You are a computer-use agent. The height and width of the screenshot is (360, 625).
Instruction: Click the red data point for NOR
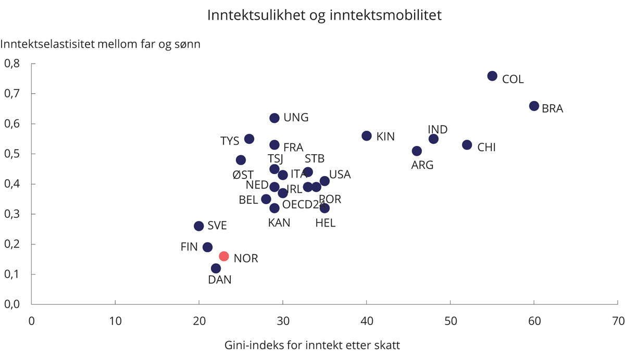click(224, 256)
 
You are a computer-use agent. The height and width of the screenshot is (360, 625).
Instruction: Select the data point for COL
click(492, 76)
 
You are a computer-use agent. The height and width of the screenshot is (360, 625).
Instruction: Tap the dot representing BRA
click(534, 106)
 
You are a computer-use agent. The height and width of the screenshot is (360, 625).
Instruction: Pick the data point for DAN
click(216, 268)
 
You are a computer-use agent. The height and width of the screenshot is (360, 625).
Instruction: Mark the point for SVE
click(199, 226)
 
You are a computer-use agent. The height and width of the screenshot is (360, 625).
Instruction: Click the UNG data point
click(274, 118)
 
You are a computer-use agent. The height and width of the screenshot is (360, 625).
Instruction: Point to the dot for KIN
click(367, 136)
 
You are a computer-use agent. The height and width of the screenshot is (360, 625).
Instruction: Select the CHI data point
click(467, 145)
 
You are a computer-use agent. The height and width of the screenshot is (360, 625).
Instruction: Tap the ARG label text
click(422, 165)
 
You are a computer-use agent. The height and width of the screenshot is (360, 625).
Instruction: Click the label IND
click(438, 129)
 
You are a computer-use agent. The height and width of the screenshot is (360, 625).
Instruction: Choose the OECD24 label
click(304, 205)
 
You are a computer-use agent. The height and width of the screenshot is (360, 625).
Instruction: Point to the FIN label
click(189, 247)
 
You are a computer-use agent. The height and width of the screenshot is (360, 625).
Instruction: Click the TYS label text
click(230, 141)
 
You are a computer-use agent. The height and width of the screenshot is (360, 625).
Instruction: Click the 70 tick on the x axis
click(618, 320)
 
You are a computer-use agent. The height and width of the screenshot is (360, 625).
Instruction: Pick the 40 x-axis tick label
click(367, 320)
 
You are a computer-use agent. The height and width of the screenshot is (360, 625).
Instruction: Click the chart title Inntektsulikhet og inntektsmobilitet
click(324, 15)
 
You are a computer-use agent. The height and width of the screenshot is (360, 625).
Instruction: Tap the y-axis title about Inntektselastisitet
click(101, 44)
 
